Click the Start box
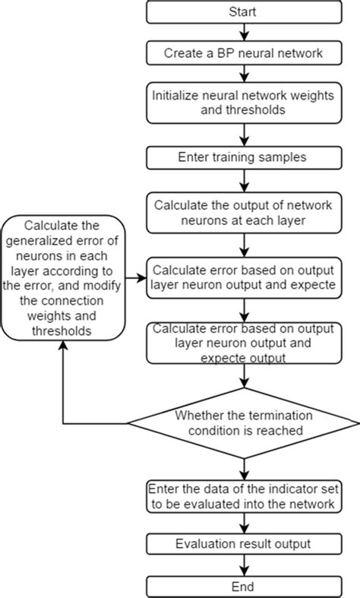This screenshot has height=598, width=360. tap(242, 13)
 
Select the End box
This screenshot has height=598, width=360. tap(242, 587)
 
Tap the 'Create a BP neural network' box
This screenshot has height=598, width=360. tap(242, 54)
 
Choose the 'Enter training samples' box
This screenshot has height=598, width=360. tap(242, 157)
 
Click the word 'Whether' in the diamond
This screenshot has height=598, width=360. tap(198, 416)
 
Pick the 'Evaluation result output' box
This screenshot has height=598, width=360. tap(242, 544)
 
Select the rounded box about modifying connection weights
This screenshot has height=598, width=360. tap(63, 278)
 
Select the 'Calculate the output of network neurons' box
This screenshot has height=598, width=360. tap(242, 212)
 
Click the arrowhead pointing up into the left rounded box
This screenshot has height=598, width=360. tap(63, 346)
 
